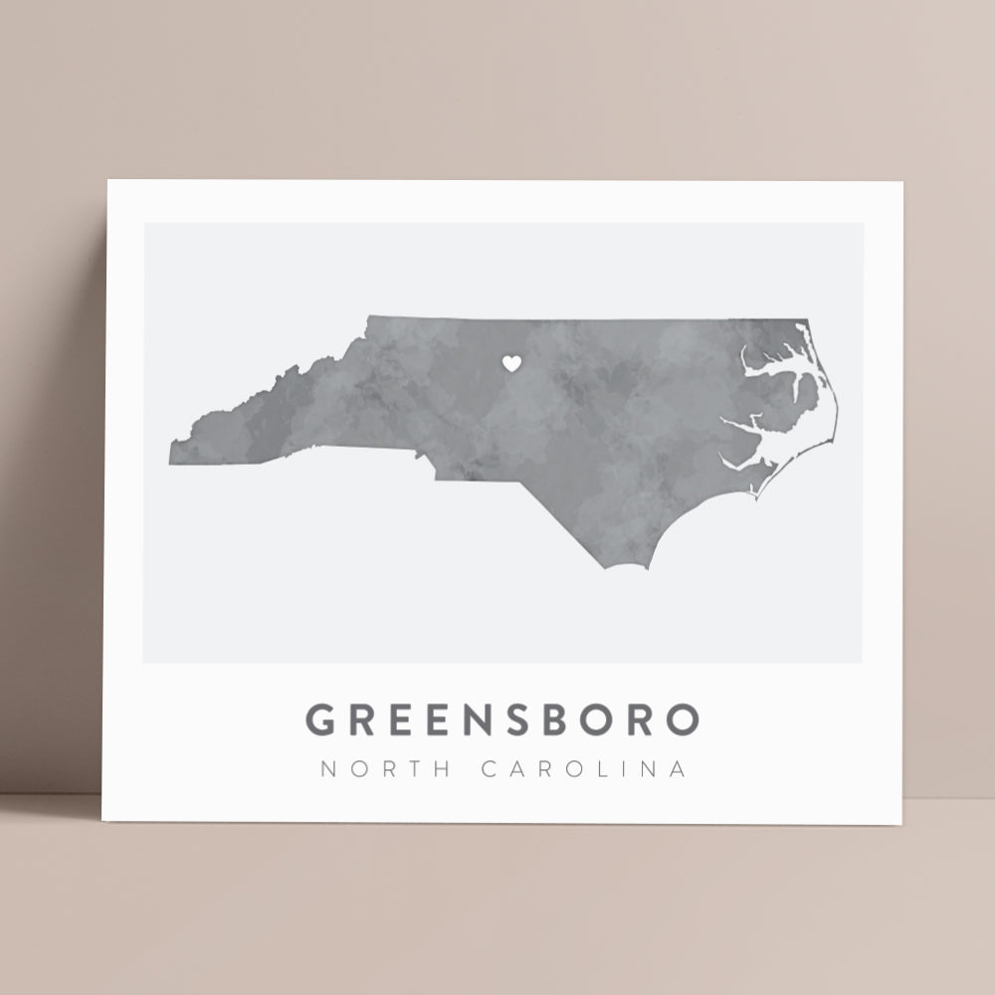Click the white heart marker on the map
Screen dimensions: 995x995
pos(510,364)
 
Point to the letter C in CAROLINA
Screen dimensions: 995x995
pos(491,770)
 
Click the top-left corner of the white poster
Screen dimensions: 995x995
pos(107,181)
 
